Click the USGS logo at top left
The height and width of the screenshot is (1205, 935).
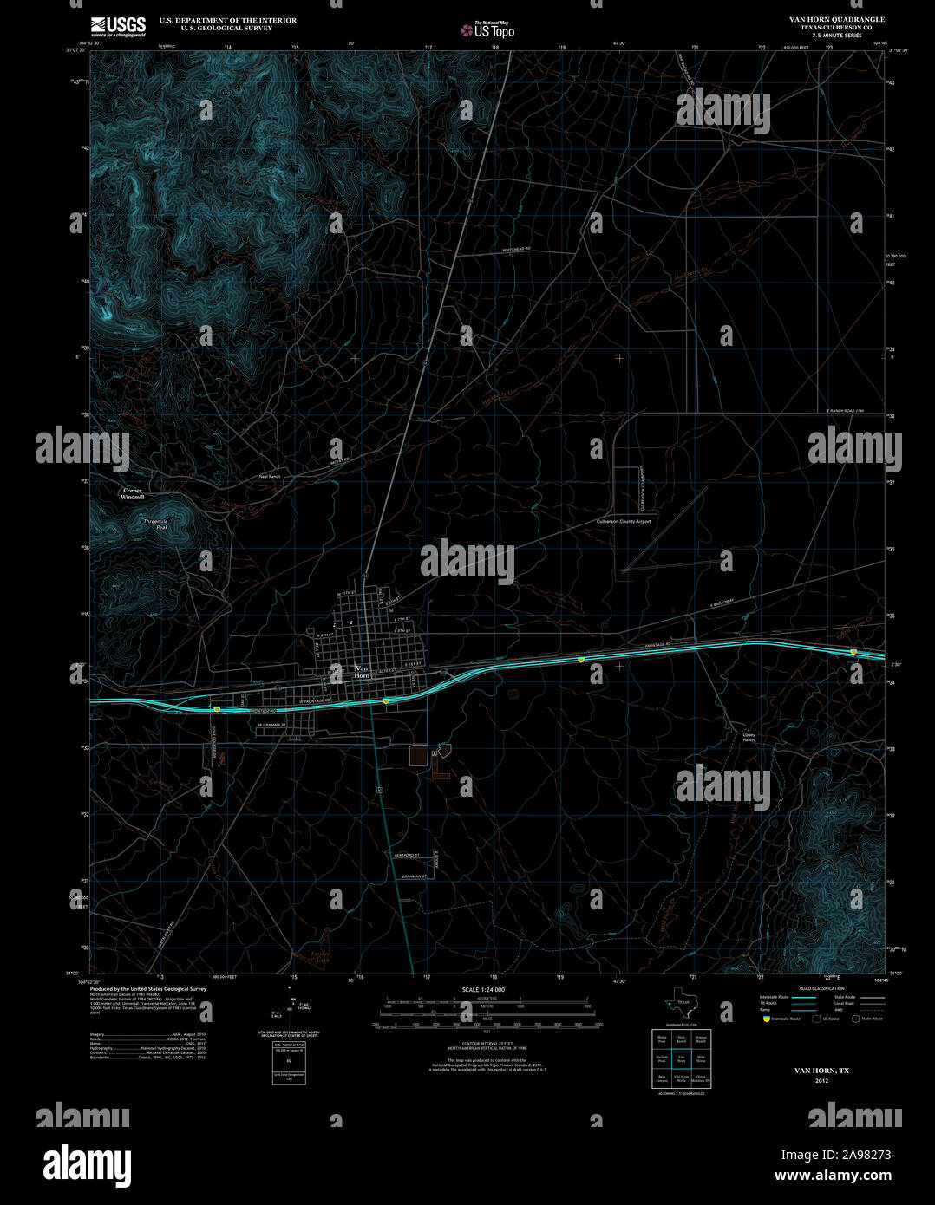[x=119, y=24]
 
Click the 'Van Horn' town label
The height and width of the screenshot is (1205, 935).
[x=363, y=671]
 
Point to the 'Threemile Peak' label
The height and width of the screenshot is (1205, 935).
[x=155, y=523]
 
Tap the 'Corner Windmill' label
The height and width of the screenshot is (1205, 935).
[x=132, y=494]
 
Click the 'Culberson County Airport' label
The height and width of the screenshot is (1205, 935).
[x=623, y=522]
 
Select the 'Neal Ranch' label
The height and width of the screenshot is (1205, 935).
[x=270, y=477]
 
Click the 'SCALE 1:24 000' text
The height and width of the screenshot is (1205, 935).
[x=483, y=990]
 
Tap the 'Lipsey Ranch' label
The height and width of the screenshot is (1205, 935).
[x=749, y=738]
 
